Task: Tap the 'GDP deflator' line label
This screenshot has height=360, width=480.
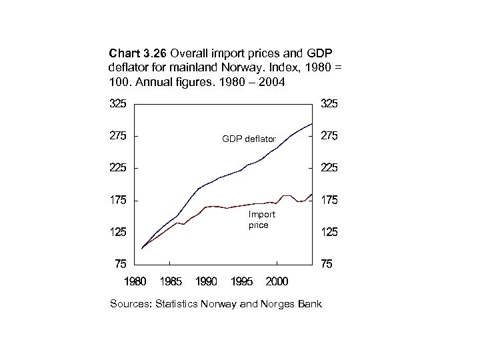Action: (x=249, y=139)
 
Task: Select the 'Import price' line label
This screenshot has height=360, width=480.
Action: (x=261, y=220)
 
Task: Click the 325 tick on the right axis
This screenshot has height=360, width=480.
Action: (x=329, y=104)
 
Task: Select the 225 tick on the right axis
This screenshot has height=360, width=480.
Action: (x=329, y=168)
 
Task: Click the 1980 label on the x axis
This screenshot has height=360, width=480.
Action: (x=135, y=282)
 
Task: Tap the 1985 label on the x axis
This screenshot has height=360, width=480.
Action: (x=171, y=282)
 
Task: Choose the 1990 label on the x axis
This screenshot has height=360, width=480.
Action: (x=206, y=282)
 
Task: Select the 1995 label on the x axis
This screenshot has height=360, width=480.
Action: (x=241, y=282)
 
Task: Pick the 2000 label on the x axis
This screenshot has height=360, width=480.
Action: (x=276, y=282)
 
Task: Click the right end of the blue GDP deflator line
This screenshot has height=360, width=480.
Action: (x=312, y=124)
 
